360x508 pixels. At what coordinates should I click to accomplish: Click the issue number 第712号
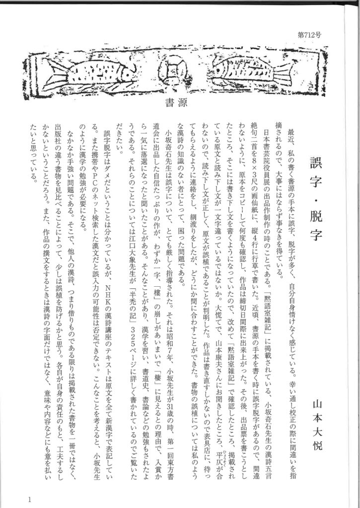coord(309,35)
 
